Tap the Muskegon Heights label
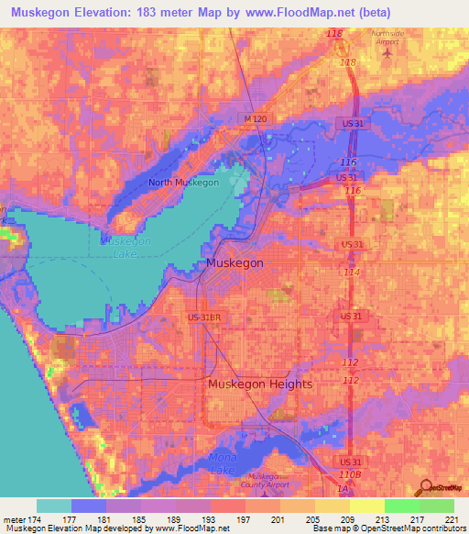[x=260, y=384]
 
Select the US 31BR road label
[x=206, y=317]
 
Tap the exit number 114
[x=351, y=273]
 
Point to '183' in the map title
[x=147, y=13]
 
